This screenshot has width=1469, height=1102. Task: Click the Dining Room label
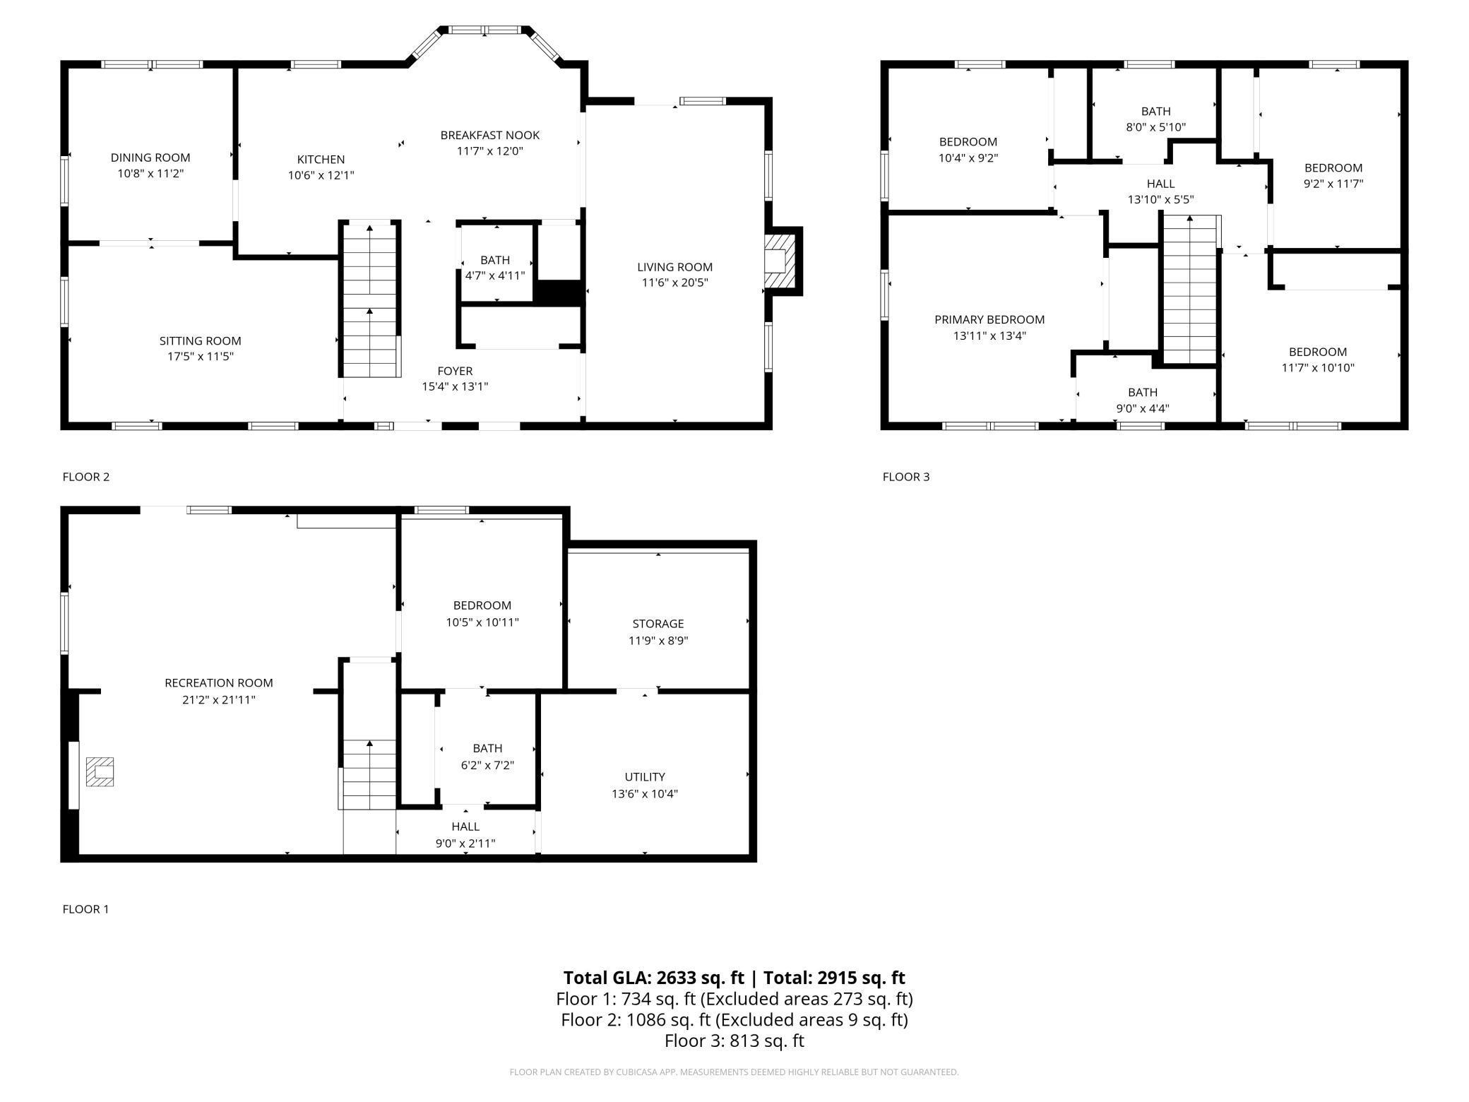150,158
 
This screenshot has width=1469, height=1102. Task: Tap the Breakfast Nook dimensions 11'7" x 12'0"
489,150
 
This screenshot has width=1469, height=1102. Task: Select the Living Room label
674,267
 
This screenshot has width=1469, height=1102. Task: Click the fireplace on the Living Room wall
782,261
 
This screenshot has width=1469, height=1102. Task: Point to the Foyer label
455,371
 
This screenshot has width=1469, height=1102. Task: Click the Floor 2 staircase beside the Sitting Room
370,300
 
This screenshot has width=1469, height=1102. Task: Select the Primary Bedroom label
989,319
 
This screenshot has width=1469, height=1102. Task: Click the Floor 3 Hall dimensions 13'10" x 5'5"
1160,199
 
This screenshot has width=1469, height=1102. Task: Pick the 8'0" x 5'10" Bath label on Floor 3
1155,111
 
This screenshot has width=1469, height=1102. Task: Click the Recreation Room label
218,682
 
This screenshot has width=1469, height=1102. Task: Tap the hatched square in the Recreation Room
100,771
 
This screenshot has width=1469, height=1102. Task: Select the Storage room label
658,624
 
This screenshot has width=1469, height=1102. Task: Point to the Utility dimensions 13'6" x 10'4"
645,793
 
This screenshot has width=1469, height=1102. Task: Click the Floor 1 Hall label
465,826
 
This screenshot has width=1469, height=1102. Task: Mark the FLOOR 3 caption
906,477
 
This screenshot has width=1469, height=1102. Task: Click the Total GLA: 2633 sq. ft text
653,978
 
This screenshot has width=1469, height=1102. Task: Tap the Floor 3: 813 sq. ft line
734,1041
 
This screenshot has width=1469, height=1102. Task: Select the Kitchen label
321,160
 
